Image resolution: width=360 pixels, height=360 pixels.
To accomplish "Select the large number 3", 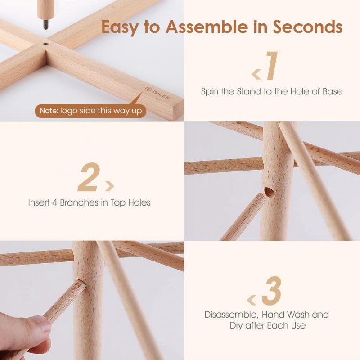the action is [x=272, y=291].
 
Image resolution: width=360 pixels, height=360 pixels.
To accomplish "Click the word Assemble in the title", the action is [x=207, y=27].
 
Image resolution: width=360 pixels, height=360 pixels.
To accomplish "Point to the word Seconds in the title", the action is [x=308, y=27].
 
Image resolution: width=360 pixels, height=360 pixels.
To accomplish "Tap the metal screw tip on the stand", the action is [x=46, y=25].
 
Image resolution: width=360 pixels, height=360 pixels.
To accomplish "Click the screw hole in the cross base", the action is [x=46, y=44].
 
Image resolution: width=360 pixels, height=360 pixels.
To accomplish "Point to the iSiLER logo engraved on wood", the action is [x=158, y=93].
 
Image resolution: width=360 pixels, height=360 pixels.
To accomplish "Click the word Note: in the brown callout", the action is [x=49, y=111].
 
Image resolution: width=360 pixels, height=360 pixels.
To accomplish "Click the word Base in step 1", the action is [x=333, y=91].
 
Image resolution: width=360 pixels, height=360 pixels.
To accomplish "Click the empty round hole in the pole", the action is [x=270, y=193].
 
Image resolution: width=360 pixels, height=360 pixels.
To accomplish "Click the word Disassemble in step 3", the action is [x=231, y=315].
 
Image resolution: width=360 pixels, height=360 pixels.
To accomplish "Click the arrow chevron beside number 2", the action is [x=109, y=186].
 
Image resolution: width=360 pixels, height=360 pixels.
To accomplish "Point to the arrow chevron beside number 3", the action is [x=252, y=300].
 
